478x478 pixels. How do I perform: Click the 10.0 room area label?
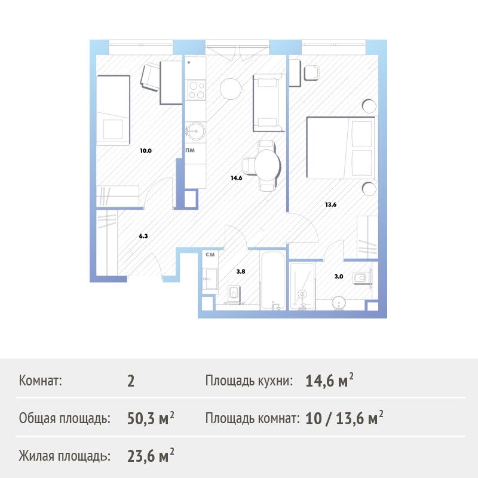tap(146, 151)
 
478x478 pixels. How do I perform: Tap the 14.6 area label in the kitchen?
tap(236, 177)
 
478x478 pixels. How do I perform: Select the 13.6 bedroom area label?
tap(330, 204)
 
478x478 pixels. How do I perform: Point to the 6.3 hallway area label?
tap(143, 236)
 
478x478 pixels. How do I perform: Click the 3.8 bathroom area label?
tap(241, 271)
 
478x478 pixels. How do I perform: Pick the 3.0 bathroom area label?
tap(339, 277)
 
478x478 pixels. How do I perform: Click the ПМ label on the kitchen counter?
tap(190, 151)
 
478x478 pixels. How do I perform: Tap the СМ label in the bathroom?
tap(210, 255)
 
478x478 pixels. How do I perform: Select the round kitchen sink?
tap(195, 131)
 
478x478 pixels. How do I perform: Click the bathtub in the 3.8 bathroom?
tap(273, 280)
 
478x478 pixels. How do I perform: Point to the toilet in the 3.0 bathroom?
tap(361, 278)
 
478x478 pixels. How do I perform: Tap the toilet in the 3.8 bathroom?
tap(234, 294)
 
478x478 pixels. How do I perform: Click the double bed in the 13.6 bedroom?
tap(341, 148)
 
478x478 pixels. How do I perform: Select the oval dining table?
tap(267, 166)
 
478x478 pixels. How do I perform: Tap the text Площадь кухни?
tap(249, 381)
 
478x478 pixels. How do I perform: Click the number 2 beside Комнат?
tap(131, 381)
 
